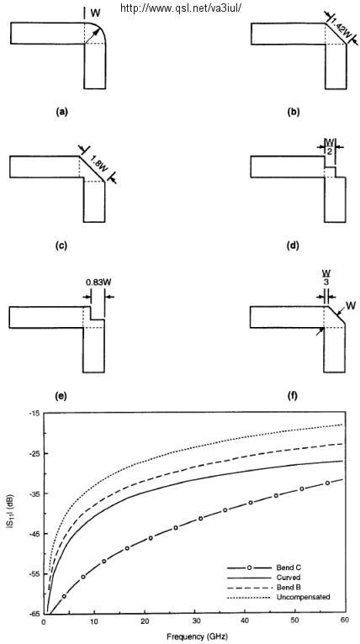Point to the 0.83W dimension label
[98, 282]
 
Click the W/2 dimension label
[330, 146]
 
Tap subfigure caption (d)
[294, 245]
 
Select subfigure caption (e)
[60, 396]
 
